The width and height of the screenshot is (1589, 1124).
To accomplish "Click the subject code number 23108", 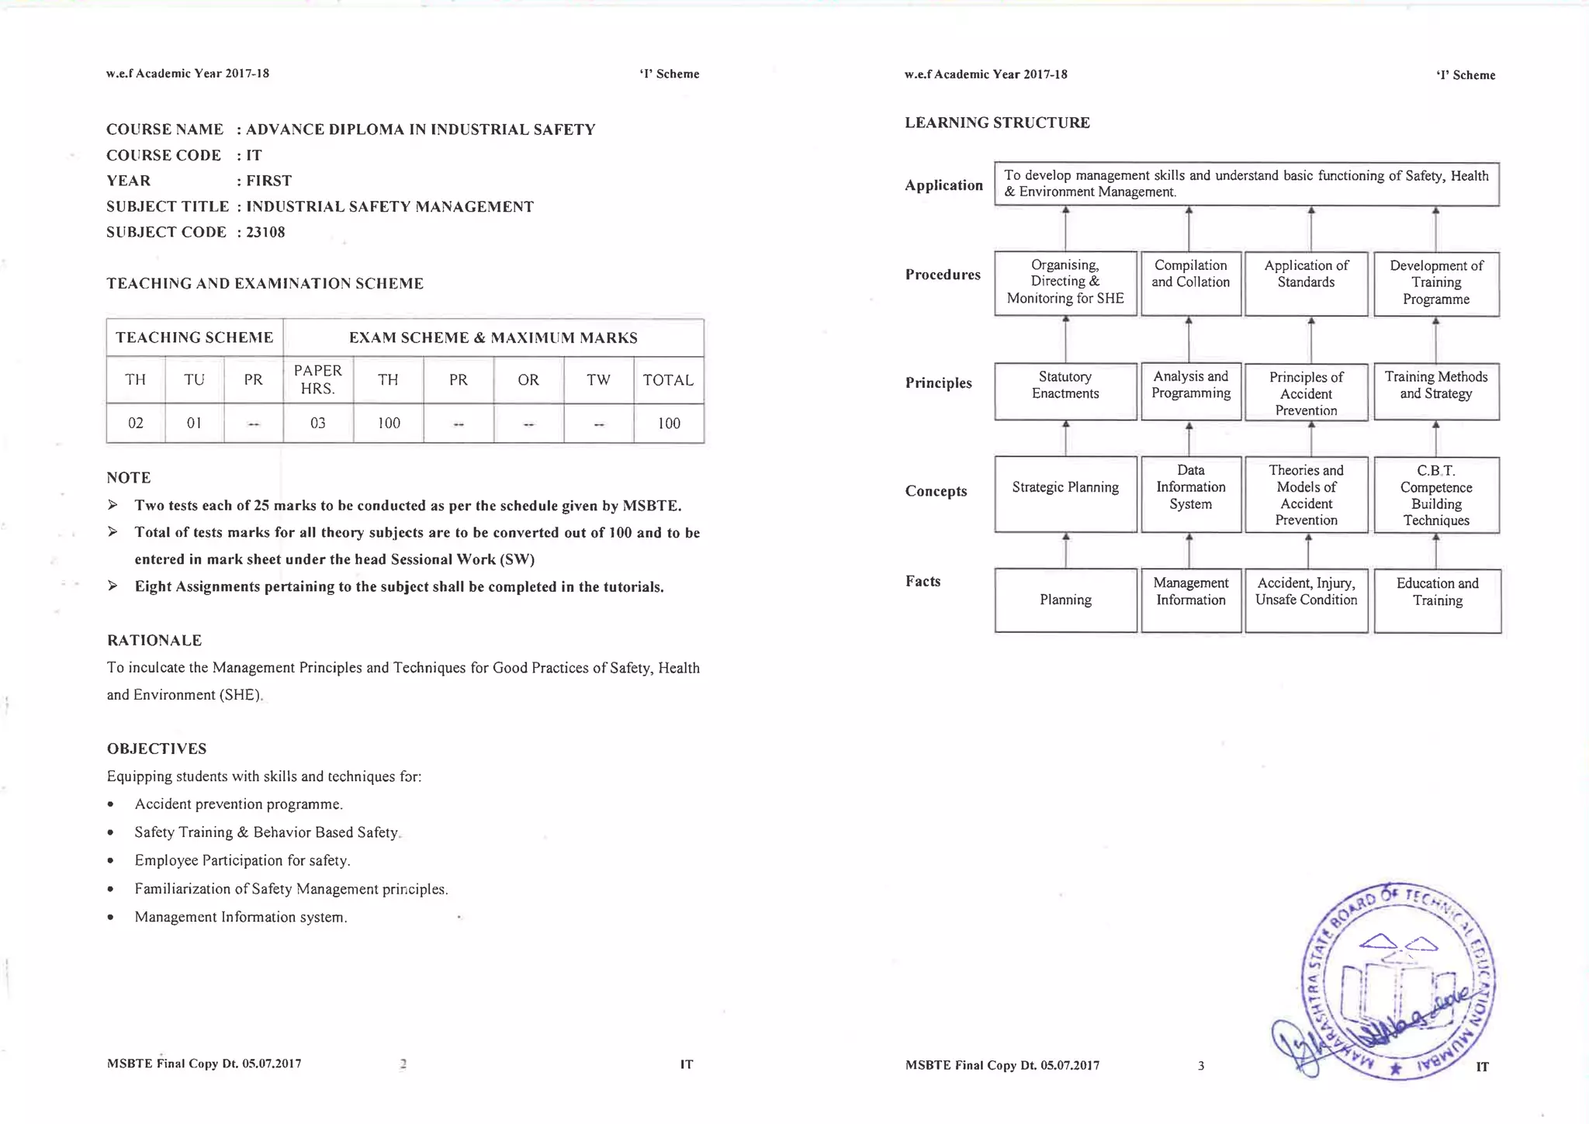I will pos(265,233).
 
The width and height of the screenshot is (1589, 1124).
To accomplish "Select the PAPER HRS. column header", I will pos(317,379).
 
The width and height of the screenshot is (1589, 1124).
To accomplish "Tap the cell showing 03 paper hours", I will pos(317,424).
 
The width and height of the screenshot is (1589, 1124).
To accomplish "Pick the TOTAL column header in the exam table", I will pos(668,380).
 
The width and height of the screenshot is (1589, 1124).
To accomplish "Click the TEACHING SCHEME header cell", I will pos(194,337).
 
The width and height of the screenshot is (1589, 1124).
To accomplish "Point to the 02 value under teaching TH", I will pos(136,424).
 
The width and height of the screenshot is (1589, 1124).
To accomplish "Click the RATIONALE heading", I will pos(154,640).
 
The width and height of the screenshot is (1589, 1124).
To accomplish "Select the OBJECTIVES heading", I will pos(157,749).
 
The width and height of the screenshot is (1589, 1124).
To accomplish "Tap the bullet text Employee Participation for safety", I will pos(242,860).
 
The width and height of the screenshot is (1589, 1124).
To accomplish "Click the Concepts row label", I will pos(936,491).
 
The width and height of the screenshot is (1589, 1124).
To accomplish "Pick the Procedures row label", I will pos(943,275).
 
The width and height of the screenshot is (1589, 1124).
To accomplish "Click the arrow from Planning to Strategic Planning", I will pos(1066,550).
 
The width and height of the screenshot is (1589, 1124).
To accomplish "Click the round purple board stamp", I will pos(1397,982).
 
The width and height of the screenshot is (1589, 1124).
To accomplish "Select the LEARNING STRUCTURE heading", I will pos(997,123).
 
